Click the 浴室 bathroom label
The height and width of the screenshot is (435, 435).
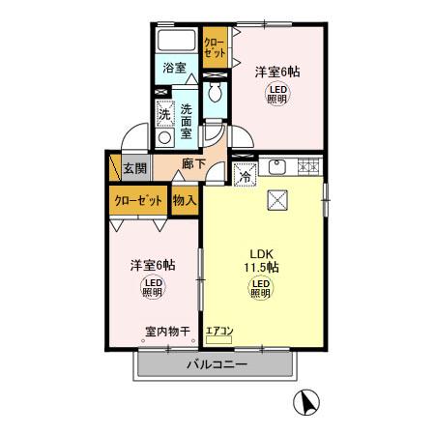[174, 70]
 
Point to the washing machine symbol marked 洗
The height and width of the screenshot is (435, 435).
[163, 113]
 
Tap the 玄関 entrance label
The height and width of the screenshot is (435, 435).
[134, 168]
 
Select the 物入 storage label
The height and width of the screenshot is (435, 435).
[184, 201]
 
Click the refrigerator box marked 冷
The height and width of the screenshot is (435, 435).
[245, 175]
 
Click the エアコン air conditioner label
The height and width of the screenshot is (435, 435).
[219, 332]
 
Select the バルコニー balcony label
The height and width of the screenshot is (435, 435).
[217, 365]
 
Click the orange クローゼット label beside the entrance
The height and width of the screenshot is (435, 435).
[138, 201]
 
